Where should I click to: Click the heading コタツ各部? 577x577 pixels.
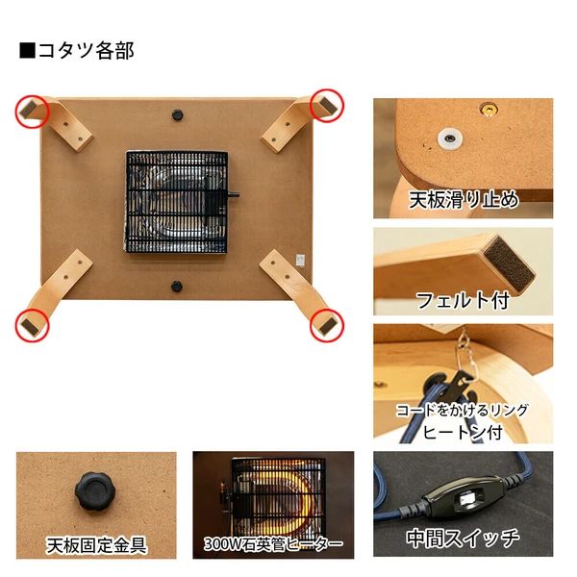click(77, 51)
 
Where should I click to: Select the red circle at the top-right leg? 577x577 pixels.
click(327, 106)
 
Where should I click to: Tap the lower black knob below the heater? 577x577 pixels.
click(177, 285)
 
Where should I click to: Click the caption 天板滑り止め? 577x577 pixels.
click(464, 201)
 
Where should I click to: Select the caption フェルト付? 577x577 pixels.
click(461, 299)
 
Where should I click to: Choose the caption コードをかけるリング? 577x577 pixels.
click(463, 409)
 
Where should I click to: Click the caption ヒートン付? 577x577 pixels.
click(463, 431)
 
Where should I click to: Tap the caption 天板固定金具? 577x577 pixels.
click(97, 545)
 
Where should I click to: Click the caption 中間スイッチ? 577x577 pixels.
click(463, 537)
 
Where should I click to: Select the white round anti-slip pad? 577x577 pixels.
click(447, 138)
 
